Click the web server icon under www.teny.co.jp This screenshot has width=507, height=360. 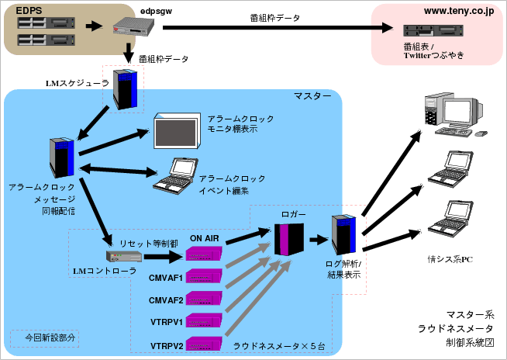(433, 32)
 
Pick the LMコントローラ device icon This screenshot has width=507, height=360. (119, 257)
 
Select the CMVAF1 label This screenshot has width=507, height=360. (166, 277)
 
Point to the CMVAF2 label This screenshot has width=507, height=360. (166, 299)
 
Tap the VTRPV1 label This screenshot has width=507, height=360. (166, 321)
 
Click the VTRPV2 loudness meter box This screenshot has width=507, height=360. (204, 342)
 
